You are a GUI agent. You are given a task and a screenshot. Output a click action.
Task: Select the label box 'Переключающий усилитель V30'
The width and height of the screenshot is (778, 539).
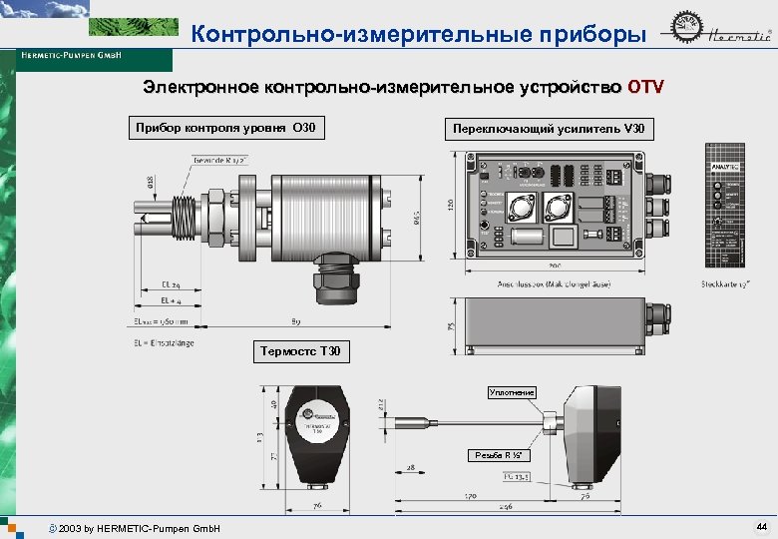pyautogui.click(x=549, y=129)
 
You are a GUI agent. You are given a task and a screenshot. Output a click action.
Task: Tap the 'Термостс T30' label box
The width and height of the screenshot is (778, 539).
pyautogui.click(x=300, y=351)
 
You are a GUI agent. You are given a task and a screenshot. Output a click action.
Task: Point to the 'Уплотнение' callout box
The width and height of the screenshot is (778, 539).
pyautogui.click(x=512, y=392)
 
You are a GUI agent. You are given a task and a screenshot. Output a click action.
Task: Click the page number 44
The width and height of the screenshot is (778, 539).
pyautogui.click(x=761, y=526)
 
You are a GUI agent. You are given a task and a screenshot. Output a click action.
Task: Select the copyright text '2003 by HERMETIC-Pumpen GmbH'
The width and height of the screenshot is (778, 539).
pyautogui.click(x=139, y=527)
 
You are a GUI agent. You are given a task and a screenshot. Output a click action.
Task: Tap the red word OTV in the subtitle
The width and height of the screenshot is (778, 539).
pyautogui.click(x=644, y=87)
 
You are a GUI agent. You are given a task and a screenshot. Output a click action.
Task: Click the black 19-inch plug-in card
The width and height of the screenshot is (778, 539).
pyautogui.click(x=725, y=206)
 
